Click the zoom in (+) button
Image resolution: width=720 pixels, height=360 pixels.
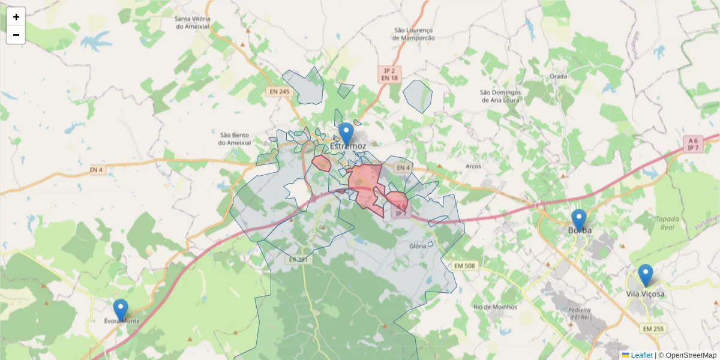pos(16,17)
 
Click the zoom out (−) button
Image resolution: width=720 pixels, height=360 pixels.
pos(16,35)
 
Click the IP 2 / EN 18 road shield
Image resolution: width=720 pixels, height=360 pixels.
pos(389,74)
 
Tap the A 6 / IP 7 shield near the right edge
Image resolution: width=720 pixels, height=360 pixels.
pos(693,143)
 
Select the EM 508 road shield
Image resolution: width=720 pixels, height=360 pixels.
pos(465,265)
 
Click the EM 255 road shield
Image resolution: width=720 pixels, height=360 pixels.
pos(653,329)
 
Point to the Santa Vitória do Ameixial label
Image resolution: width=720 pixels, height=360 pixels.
pos(192,22)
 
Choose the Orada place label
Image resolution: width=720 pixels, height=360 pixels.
pos(558,77)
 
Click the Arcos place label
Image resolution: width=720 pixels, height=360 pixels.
pos(473,166)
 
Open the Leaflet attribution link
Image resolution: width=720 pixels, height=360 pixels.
pos(641,355)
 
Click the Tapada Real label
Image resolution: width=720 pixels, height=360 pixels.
pos(667,223)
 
